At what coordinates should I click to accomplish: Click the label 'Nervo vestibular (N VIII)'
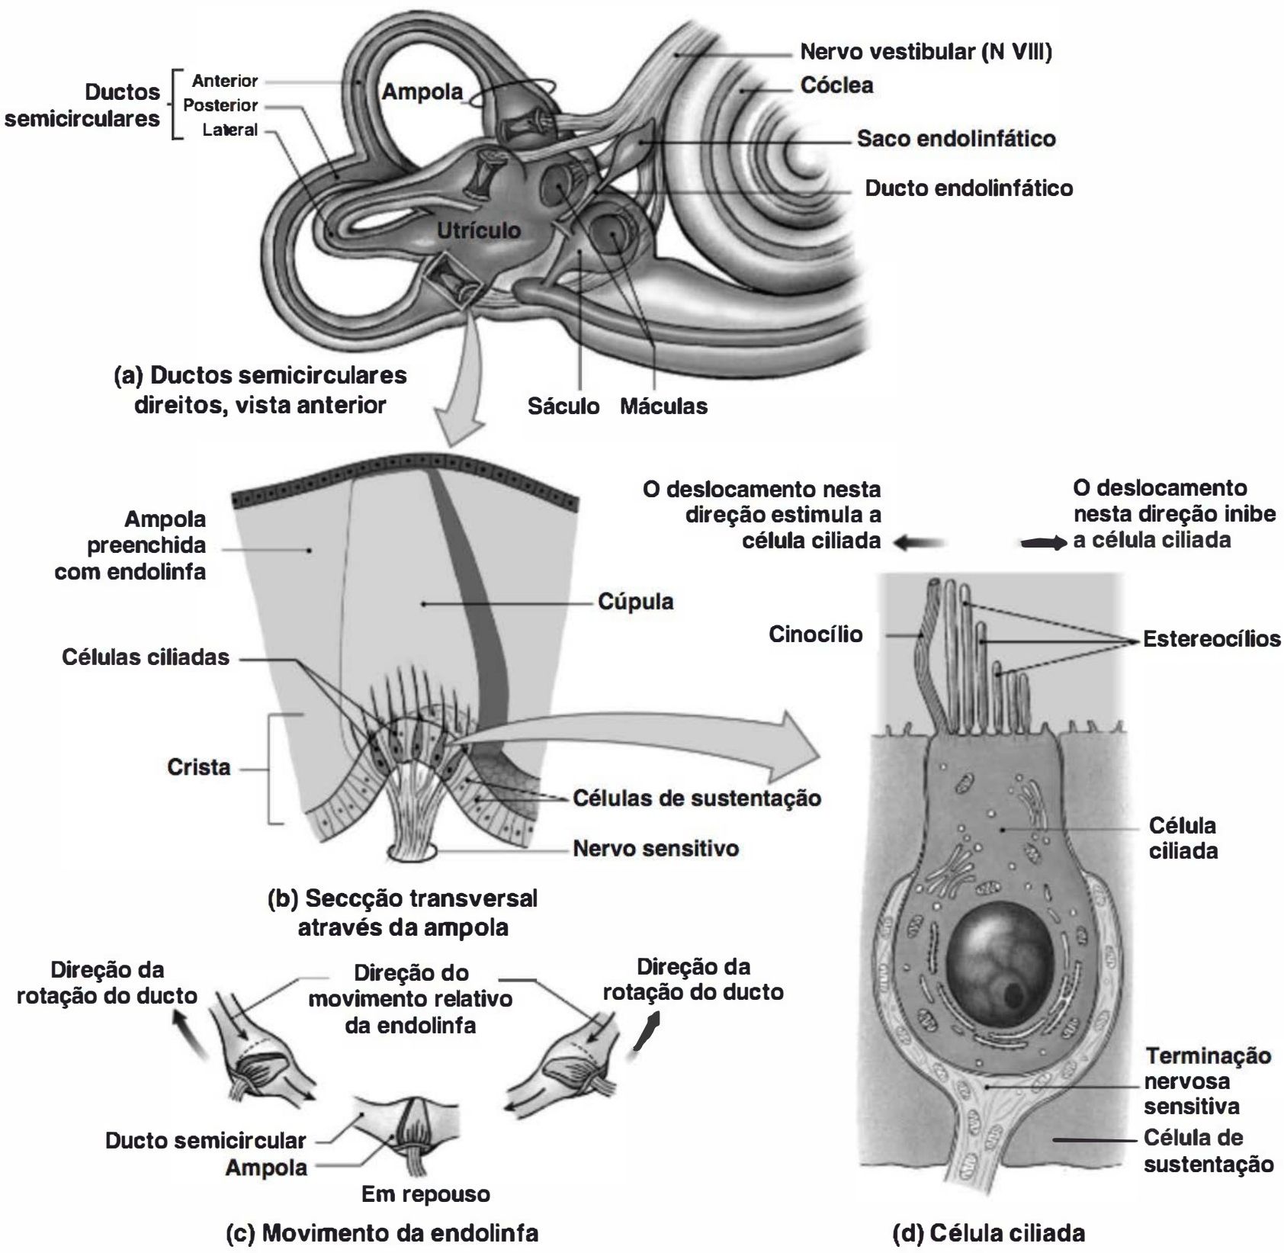pos(926,52)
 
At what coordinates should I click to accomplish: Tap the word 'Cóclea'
pos(836,85)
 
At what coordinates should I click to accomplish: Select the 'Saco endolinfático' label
pos(956,138)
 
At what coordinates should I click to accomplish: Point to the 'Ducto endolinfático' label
pos(968,188)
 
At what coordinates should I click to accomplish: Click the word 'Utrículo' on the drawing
pos(479,230)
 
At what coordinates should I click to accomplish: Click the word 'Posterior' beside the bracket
pos(220,105)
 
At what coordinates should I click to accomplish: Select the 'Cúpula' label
pos(635,602)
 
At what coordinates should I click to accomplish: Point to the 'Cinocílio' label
pos(815,634)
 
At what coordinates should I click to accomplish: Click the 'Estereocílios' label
pos(1212,638)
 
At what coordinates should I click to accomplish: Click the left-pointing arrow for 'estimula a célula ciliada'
pos(920,542)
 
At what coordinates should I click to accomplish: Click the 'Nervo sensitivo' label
pos(656,848)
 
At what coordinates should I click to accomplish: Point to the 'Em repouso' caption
pos(425,1194)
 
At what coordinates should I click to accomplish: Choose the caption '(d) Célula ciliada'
pos(989,1232)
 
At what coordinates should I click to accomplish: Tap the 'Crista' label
pos(198,766)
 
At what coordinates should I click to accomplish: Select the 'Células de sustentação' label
pos(697,798)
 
